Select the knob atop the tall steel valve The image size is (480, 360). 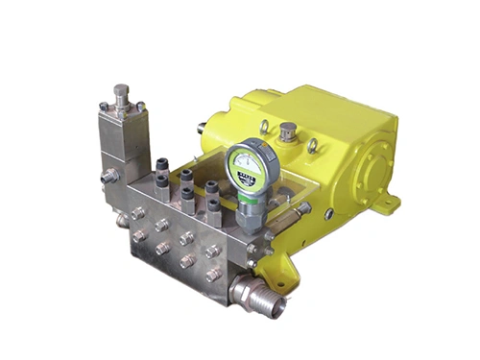tap(122, 93)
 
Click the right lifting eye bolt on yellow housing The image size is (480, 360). tap(312, 145)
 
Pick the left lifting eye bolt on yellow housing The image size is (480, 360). tap(263, 126)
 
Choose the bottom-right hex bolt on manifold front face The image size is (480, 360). tap(213, 274)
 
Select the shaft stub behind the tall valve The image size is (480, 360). tap(201, 125)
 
